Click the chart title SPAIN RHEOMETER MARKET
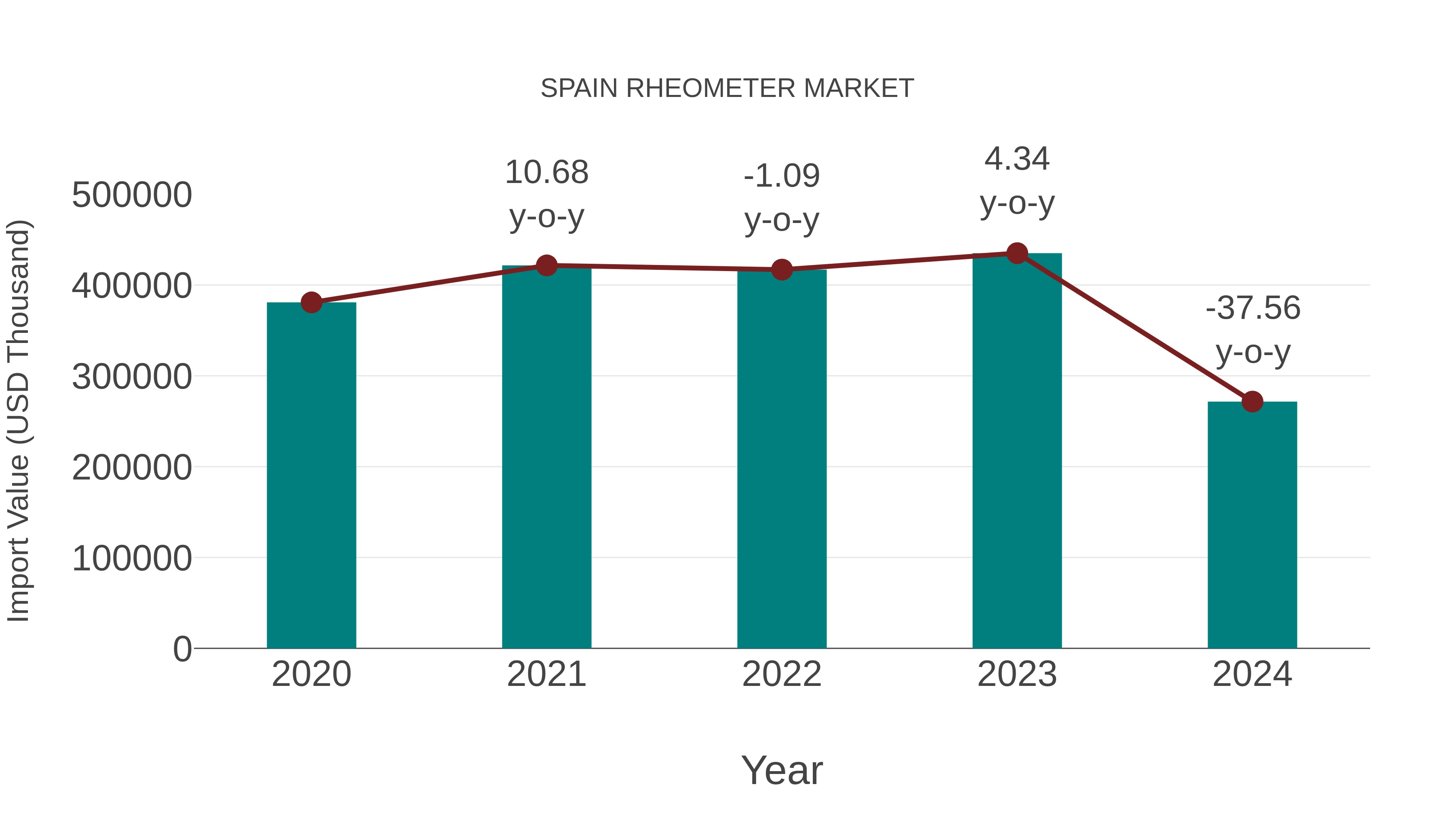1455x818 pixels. [x=727, y=88]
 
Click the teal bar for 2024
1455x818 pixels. [x=1252, y=525]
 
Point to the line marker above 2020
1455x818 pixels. [x=311, y=303]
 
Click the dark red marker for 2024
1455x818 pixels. [x=1252, y=402]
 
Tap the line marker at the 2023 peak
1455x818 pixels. [x=1017, y=253]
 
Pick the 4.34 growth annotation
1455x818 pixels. [x=1017, y=180]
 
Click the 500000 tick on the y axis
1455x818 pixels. [x=132, y=196]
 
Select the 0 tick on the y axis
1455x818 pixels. [x=182, y=649]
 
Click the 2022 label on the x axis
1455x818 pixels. [x=782, y=674]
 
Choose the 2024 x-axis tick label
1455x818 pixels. [x=1252, y=674]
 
